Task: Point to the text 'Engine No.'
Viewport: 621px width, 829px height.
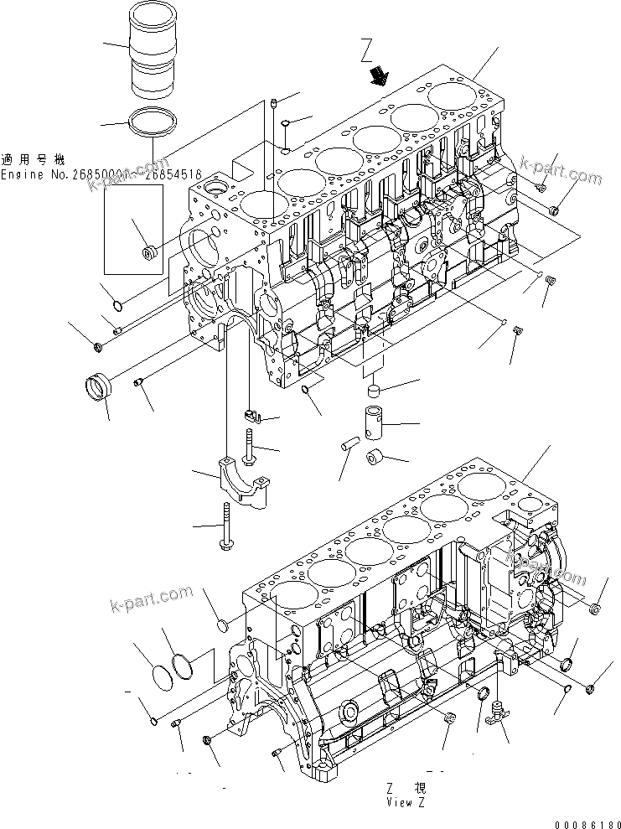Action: (34, 174)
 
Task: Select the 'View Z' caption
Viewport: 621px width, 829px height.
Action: (406, 802)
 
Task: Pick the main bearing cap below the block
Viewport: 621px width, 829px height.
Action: (244, 484)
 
